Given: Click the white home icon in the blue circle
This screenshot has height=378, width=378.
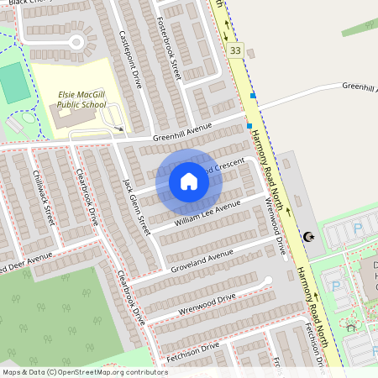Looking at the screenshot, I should click(x=189, y=181).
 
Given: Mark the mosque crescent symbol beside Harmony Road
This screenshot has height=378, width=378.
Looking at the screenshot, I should click(x=309, y=239).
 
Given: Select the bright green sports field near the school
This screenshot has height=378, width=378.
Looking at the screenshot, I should click(x=12, y=82).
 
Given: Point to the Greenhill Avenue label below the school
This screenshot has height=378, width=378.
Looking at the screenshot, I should click(x=181, y=134).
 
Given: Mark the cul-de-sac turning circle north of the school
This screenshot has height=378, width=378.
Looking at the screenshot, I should click(x=76, y=42).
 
